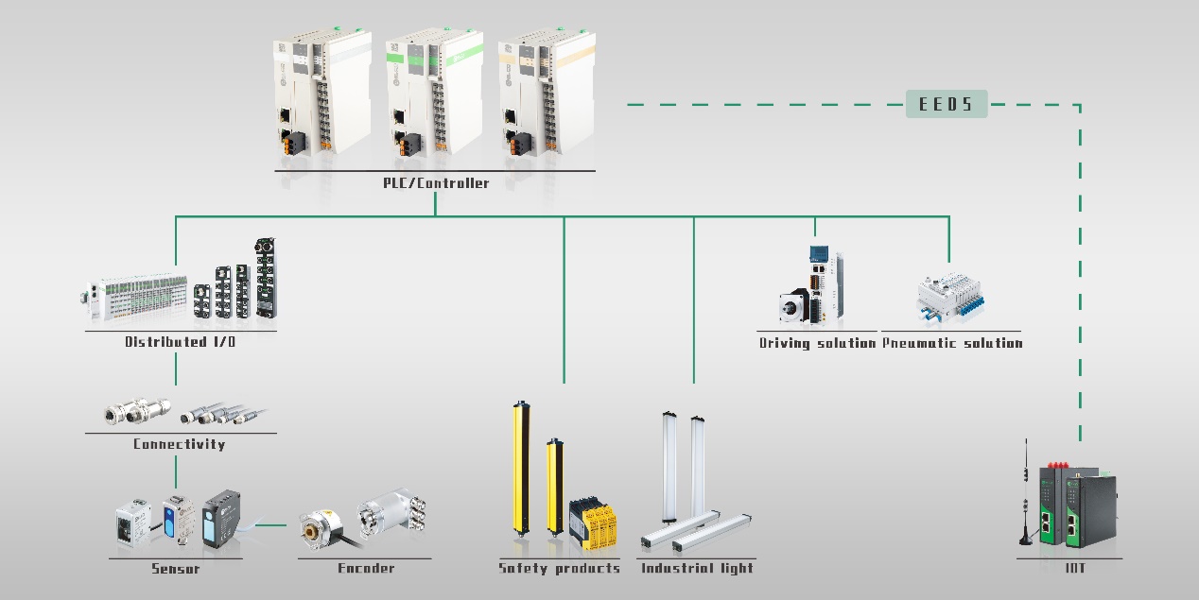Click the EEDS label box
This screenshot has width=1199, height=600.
click(x=947, y=104)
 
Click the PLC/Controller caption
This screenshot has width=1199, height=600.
click(x=436, y=183)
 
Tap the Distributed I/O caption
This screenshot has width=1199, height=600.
click(x=181, y=342)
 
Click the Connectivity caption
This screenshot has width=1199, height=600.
click(x=180, y=444)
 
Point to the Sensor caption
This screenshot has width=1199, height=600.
click(x=176, y=569)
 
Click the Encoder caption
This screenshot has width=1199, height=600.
click(x=366, y=569)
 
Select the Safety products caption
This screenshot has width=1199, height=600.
click(x=560, y=569)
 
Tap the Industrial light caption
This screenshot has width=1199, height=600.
click(x=698, y=569)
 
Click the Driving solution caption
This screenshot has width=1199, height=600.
click(x=817, y=343)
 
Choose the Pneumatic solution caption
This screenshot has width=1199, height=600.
click(x=952, y=343)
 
